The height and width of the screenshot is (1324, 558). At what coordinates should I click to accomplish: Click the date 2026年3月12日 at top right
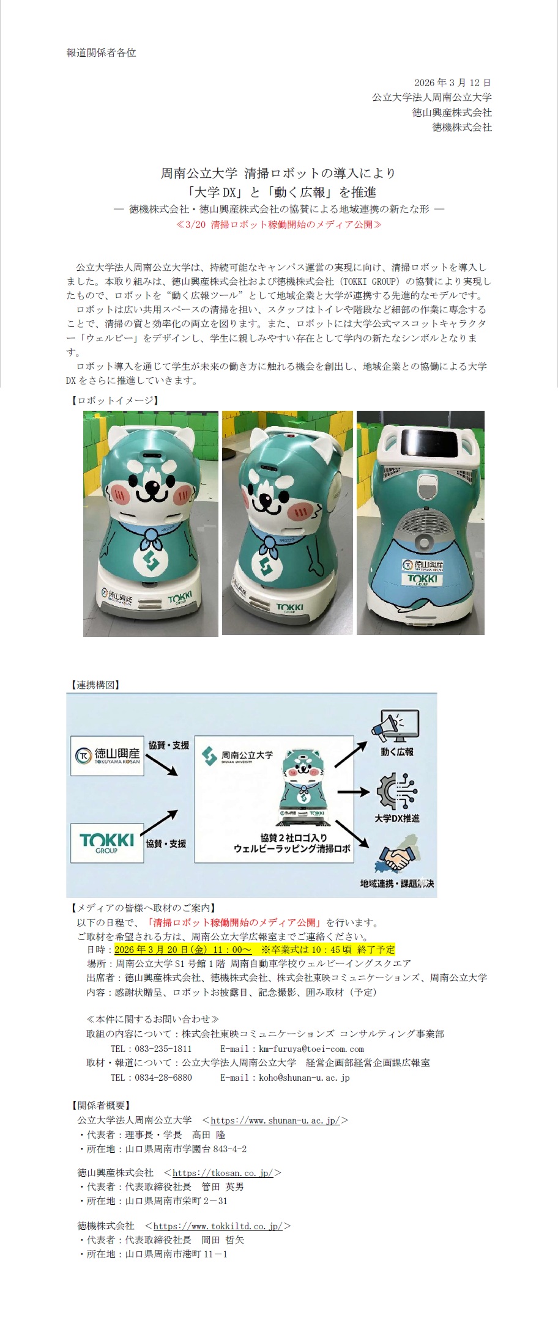pyautogui.click(x=452, y=83)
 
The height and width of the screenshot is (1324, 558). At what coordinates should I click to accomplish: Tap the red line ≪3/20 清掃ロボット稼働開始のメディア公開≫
pyautogui.click(x=278, y=224)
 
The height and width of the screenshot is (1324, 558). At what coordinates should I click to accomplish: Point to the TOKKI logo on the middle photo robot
pyautogui.click(x=289, y=607)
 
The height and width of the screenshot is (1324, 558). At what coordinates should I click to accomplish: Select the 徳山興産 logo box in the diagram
pyautogui.click(x=107, y=756)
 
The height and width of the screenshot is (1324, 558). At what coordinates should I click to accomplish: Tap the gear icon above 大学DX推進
pyautogui.click(x=397, y=792)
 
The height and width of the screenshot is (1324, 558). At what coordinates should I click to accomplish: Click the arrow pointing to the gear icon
pyautogui.click(x=353, y=792)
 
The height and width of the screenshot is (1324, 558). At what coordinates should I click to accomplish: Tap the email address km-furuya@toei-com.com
pyautogui.click(x=311, y=1048)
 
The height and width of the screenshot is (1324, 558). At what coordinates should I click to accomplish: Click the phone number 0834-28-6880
pyautogui.click(x=163, y=1077)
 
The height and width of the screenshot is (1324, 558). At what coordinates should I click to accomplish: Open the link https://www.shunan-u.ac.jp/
pyautogui.click(x=275, y=1120)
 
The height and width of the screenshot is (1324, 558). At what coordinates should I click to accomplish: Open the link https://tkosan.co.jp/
pyautogui.click(x=223, y=1172)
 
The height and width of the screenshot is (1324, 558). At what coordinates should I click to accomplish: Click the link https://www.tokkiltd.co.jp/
pyautogui.click(x=218, y=1226)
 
